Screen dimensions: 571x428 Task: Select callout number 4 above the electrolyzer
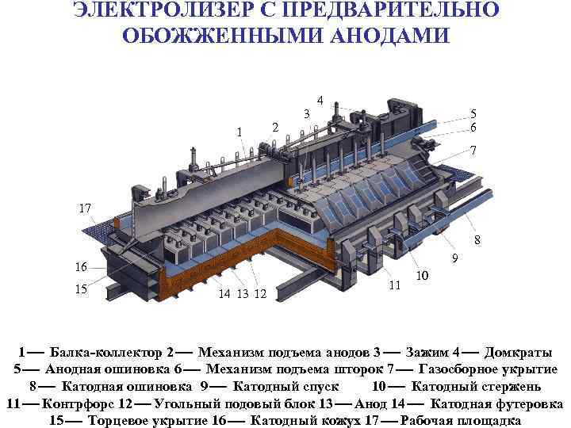click(x=319, y=101)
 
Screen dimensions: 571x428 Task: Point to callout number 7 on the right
click(x=473, y=151)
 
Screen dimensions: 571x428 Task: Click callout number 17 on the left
click(x=85, y=208)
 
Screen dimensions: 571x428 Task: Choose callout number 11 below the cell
click(x=393, y=284)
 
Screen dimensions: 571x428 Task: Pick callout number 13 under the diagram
click(x=241, y=295)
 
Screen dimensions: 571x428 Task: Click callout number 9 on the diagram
click(x=455, y=258)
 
